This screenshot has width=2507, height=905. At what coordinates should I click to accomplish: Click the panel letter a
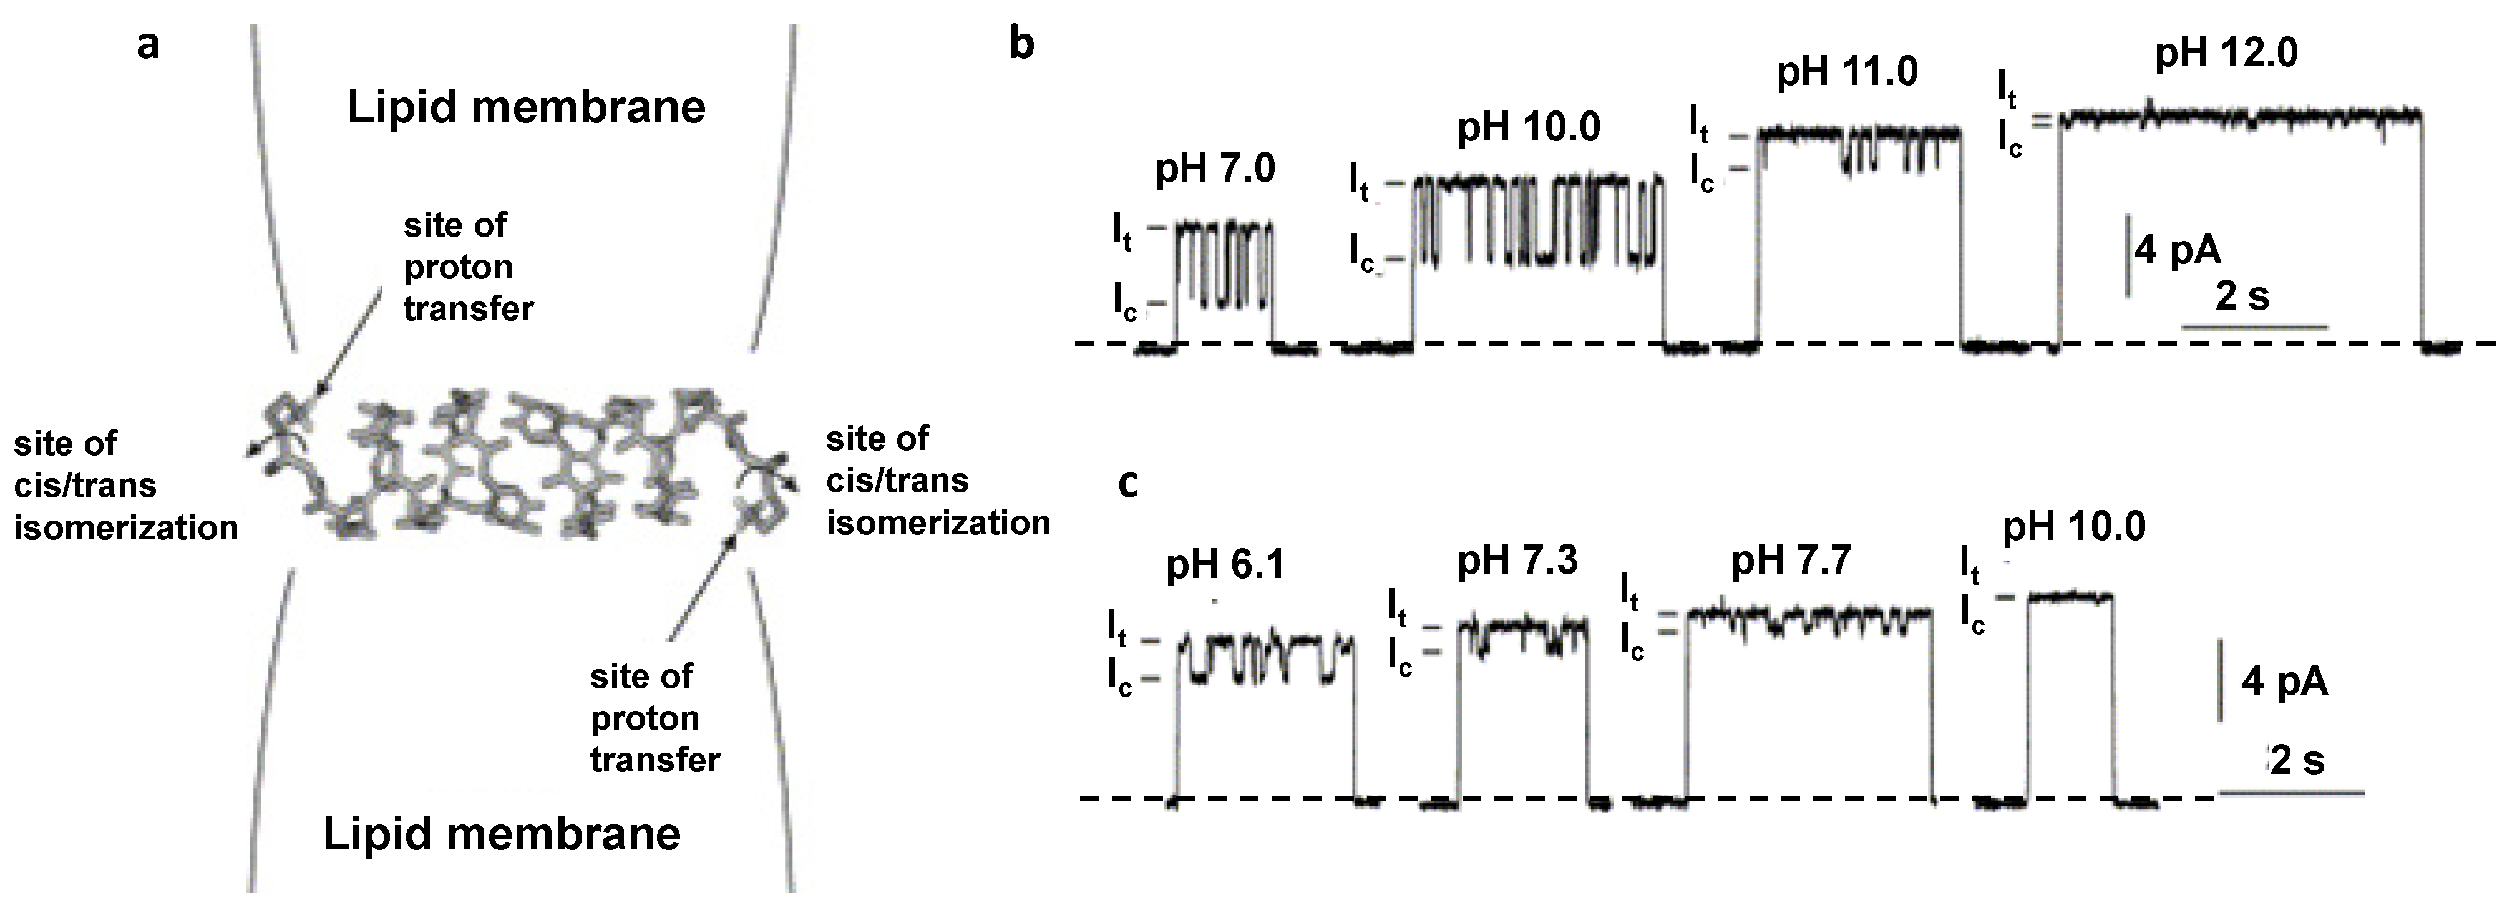(x=147, y=44)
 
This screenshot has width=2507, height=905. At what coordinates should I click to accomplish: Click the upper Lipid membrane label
(x=527, y=108)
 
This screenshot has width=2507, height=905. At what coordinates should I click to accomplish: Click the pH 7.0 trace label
(x=1215, y=170)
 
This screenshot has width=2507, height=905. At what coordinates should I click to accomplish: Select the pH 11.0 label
(x=1847, y=73)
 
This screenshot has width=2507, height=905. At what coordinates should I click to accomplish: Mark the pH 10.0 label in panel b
(x=1528, y=129)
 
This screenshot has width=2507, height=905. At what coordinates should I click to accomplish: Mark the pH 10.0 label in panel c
(x=2073, y=527)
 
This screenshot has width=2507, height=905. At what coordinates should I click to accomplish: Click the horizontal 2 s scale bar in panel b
(x=2253, y=328)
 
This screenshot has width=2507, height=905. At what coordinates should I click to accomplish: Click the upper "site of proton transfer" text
(x=468, y=267)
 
